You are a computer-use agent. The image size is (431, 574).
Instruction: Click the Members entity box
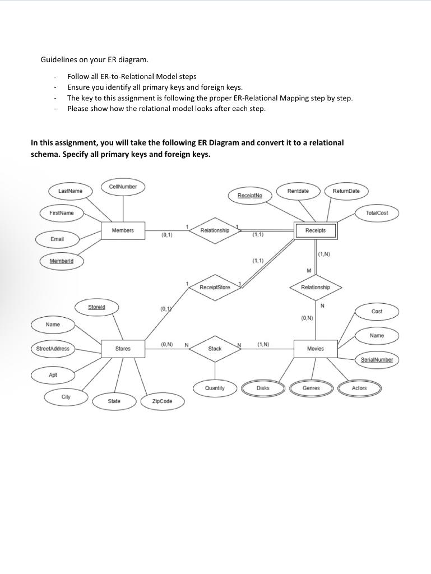(x=123, y=230)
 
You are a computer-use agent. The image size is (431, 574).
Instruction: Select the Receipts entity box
(x=316, y=230)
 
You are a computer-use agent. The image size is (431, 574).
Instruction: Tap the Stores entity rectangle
(x=123, y=349)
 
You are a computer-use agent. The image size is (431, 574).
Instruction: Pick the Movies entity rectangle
(x=316, y=349)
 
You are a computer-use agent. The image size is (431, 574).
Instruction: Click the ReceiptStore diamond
(x=215, y=287)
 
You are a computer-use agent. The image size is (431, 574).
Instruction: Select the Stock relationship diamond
(x=215, y=349)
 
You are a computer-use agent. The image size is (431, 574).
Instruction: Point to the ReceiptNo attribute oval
(x=250, y=195)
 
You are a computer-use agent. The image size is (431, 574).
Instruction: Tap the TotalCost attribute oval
(x=377, y=213)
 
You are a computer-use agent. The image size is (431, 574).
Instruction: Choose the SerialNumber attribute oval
(x=377, y=360)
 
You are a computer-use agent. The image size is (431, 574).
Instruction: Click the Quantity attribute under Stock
(x=215, y=388)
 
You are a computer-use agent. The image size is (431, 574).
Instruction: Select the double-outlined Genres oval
(x=311, y=388)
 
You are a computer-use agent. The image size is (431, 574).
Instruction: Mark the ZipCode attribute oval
(x=162, y=401)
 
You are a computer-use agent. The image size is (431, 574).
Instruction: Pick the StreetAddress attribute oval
(x=53, y=349)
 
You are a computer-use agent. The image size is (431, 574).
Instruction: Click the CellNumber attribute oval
(x=123, y=187)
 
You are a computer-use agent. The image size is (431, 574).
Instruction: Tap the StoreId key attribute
(x=96, y=307)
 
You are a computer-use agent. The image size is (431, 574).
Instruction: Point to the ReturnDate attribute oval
(x=346, y=191)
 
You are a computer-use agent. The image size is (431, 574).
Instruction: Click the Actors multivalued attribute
(x=359, y=388)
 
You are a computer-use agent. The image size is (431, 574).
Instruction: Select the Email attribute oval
(x=57, y=239)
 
